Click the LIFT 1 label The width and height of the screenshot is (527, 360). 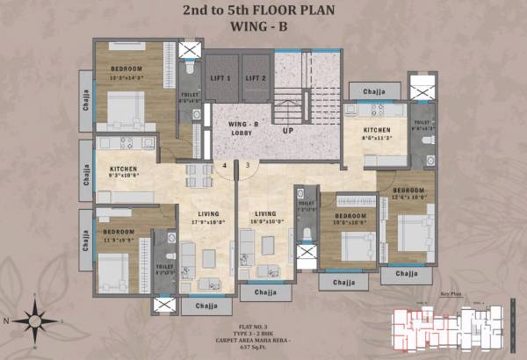[221, 78]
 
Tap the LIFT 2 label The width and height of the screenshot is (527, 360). [256, 78]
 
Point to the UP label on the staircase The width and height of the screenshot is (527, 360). [287, 131]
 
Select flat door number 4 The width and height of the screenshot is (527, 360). [225, 164]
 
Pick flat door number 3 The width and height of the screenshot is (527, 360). [247, 164]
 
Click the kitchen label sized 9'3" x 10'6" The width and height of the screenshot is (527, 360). [121, 172]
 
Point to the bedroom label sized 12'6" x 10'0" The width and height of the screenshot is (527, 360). [409, 193]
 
